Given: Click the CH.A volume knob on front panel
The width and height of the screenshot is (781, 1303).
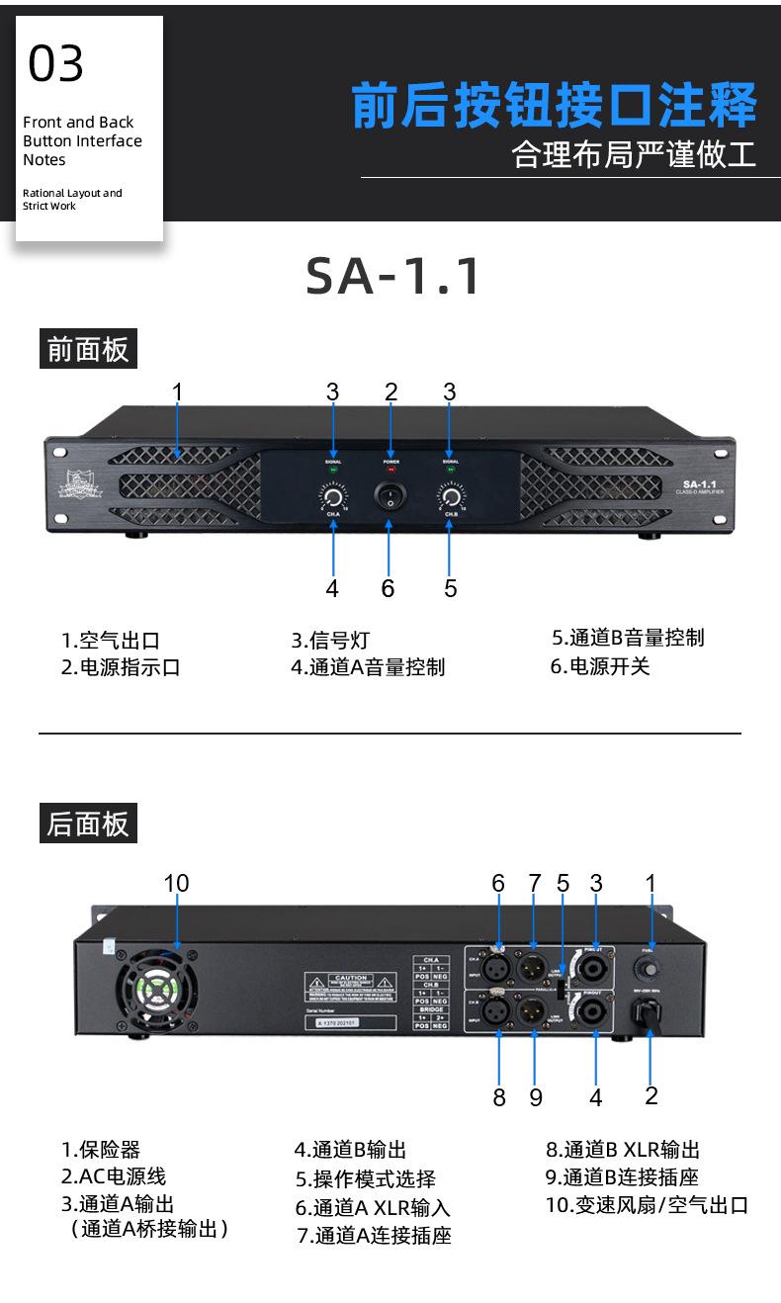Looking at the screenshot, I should pyautogui.click(x=333, y=495).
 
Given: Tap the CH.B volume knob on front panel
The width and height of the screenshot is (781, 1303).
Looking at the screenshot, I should pyautogui.click(x=451, y=495).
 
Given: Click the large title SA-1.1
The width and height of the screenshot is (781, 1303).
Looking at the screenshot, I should pyautogui.click(x=392, y=276).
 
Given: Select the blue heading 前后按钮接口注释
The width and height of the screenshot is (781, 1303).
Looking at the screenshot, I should pyautogui.click(x=554, y=107).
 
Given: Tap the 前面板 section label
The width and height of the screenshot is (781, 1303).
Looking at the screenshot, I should pyautogui.click(x=88, y=349).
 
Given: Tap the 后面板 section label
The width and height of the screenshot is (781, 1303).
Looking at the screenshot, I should pyautogui.click(x=88, y=824).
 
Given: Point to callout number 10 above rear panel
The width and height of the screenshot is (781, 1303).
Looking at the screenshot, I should pyautogui.click(x=176, y=883).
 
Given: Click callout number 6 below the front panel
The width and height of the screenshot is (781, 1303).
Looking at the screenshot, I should pyautogui.click(x=388, y=588).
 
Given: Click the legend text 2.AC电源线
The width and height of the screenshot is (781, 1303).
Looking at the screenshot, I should pyautogui.click(x=114, y=1176).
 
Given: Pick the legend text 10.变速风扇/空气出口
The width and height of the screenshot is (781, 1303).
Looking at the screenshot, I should pyautogui.click(x=647, y=1205).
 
